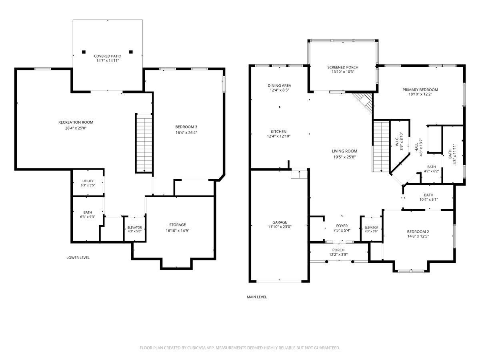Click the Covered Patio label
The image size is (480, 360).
pyautogui.click(x=108, y=56)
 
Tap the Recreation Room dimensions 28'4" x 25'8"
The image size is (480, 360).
pyautogui.click(x=76, y=128)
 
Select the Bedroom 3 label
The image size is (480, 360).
pyautogui.click(x=186, y=127)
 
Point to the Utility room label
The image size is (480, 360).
pyautogui.click(x=88, y=181)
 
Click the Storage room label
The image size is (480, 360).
pyautogui.click(x=177, y=225)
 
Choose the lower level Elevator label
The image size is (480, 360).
pyautogui.click(x=134, y=228)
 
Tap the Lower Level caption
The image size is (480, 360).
pyautogui.click(x=78, y=258)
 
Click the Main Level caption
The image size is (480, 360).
pyautogui.click(x=257, y=297)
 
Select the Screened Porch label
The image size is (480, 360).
pyautogui.click(x=343, y=67)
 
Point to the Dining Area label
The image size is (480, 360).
pyautogui.click(x=279, y=86)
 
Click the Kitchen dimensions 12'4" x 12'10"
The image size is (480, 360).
pyautogui.click(x=278, y=136)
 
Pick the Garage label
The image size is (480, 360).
pyautogui.click(x=280, y=222)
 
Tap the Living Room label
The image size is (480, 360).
pyautogui.click(x=344, y=151)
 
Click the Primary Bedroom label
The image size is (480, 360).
pyautogui.click(x=420, y=90)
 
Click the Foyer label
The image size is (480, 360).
pyautogui.click(x=342, y=226)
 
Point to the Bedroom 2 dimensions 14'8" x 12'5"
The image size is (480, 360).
pyautogui.click(x=418, y=236)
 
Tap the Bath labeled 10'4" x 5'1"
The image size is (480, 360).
pyautogui.click(x=429, y=195)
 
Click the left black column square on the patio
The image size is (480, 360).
pyautogui.click(x=84, y=52)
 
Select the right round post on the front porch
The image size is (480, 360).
pyautogui.click(x=352, y=262)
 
